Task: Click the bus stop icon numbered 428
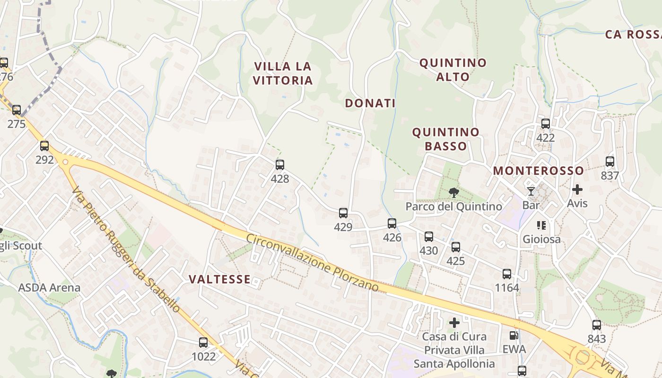tap(280, 165)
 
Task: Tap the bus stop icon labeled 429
tap(343, 213)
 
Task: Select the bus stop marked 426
tap(392, 223)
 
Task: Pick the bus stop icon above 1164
tap(507, 274)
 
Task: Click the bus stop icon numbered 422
tap(546, 124)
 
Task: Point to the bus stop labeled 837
tap(610, 162)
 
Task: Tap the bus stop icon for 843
tap(597, 325)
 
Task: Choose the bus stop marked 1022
tap(203, 343)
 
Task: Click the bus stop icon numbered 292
tap(44, 146)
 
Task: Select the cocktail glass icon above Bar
tap(531, 191)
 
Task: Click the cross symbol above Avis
tap(577, 189)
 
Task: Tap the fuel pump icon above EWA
tap(514, 335)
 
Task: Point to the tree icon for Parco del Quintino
tap(454, 192)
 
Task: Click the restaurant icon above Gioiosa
tap(541, 225)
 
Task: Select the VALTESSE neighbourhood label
tap(220, 279)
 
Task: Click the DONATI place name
tap(370, 103)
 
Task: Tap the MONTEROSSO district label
tap(539, 171)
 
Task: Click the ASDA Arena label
tap(49, 287)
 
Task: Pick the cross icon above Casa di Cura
tap(454, 323)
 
